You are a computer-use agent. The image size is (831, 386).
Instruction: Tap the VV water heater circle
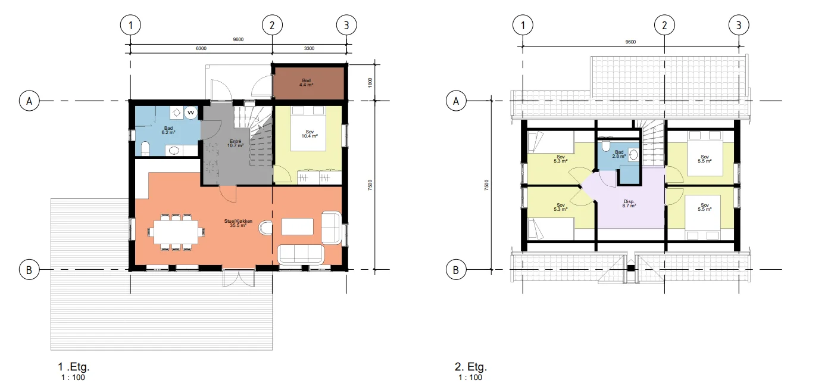(x=190, y=113)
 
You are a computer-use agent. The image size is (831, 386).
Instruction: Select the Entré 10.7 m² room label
(x=236, y=144)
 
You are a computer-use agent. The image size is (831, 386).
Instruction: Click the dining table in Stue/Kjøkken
(x=176, y=232)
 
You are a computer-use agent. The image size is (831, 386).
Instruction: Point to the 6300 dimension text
(x=201, y=49)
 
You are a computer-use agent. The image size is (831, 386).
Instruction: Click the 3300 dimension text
(x=309, y=49)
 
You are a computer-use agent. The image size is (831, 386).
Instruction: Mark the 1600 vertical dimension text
(x=370, y=82)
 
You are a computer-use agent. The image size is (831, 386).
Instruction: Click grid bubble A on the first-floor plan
(x=29, y=101)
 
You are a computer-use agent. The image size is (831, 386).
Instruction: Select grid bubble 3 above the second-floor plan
(x=739, y=25)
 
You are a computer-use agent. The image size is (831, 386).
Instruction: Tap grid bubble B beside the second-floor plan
(x=456, y=270)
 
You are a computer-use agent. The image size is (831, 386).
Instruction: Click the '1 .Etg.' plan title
(x=74, y=367)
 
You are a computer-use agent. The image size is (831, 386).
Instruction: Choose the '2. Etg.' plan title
(x=471, y=367)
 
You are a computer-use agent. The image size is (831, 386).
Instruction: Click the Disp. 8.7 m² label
(x=629, y=203)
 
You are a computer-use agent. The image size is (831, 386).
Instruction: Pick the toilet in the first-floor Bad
(x=145, y=148)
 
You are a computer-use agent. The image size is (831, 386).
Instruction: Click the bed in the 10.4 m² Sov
(x=309, y=129)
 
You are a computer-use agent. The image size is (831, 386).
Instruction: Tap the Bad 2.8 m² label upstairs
(x=619, y=154)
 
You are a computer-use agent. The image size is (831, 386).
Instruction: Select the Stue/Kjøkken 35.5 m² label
(x=238, y=223)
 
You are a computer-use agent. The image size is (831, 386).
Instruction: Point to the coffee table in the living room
(x=297, y=227)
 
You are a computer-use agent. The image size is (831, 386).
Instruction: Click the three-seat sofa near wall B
(x=301, y=254)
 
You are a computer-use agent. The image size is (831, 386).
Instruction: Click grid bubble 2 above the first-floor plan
(x=272, y=25)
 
